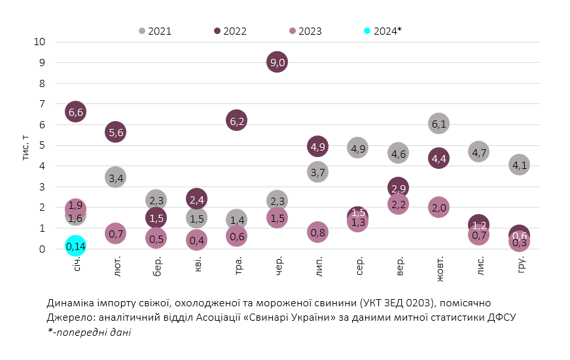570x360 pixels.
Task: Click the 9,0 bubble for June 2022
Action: click(277, 62)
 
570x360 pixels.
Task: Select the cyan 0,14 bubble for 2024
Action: click(76, 246)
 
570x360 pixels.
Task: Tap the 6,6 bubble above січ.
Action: click(76, 112)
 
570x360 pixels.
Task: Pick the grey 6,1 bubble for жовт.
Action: click(439, 122)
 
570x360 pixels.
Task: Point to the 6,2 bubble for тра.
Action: click(237, 120)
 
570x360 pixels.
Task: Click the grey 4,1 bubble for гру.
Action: click(520, 165)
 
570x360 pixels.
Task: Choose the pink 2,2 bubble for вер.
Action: click(398, 205)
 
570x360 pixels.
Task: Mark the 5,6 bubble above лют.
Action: click(116, 132)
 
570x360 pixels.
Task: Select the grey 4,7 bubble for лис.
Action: click(479, 153)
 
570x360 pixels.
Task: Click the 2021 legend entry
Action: click(155, 31)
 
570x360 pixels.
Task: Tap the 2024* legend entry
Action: click(382, 31)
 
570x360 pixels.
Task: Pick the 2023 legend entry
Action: click(306, 31)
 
